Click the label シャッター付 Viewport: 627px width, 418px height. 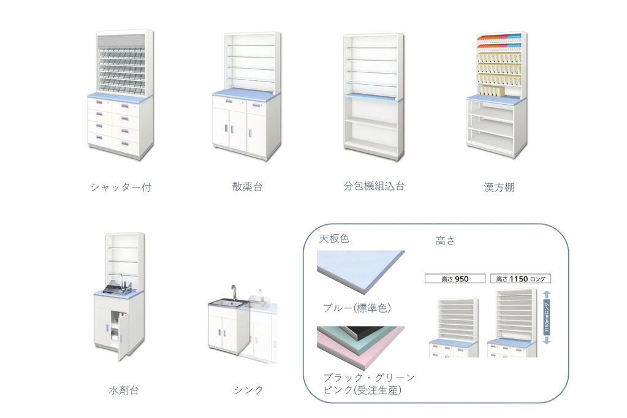tap(121, 187)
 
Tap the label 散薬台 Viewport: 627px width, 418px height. tap(247, 186)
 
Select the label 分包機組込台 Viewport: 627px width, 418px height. tap(374, 186)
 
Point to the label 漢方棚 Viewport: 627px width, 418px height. tap(499, 187)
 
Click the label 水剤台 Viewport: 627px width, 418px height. tap(124, 390)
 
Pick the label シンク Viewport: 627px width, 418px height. tap(248, 390)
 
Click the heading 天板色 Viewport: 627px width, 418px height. tap(334, 239)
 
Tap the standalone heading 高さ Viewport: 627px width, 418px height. tap(445, 240)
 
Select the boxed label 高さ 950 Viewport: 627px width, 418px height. tap(455, 279)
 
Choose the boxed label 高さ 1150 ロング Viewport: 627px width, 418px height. tap(520, 279)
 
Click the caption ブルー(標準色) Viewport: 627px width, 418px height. tap(357, 308)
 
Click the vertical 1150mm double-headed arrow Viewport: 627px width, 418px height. tap(547, 318)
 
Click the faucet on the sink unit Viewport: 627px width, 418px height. tap(233, 293)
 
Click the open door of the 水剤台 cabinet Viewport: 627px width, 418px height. tap(123, 336)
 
